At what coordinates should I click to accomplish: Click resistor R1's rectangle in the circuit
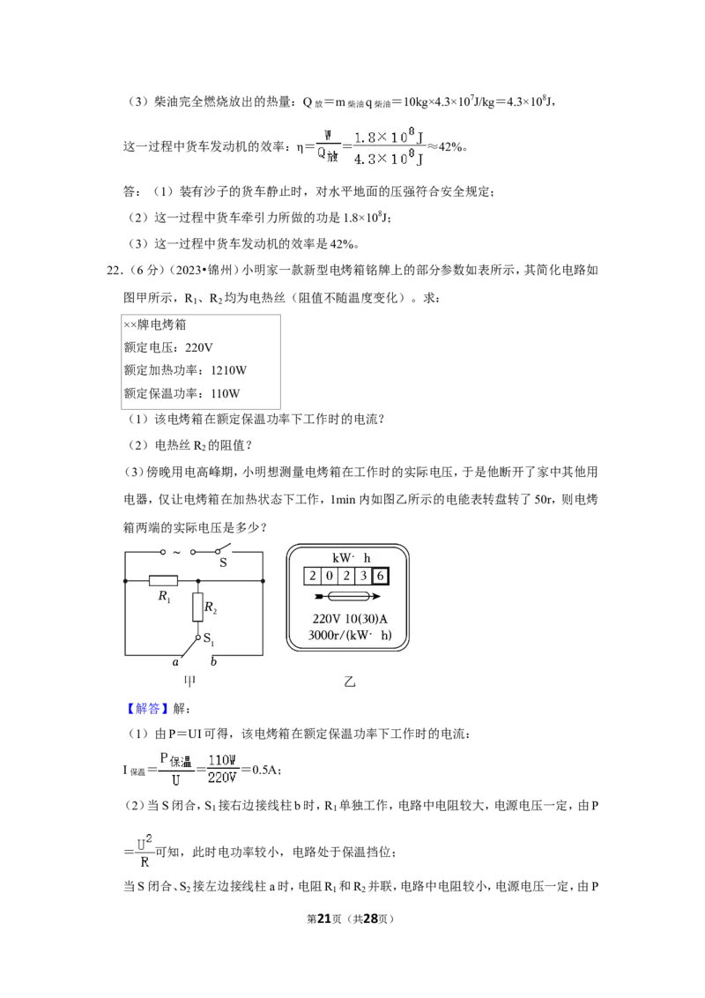coord(164,580)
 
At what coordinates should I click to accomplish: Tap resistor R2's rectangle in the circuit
coord(198,607)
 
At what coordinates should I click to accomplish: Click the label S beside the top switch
coord(223,562)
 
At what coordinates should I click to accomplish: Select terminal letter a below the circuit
coord(175,663)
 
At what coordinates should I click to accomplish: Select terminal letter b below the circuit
coord(213,661)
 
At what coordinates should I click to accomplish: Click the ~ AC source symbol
coord(177,552)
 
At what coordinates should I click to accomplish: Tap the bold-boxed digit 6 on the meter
coord(380,576)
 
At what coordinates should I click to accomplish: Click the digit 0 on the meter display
coord(329,576)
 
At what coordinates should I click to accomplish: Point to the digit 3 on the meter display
coord(363,576)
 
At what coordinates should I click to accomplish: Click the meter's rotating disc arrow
coord(347,596)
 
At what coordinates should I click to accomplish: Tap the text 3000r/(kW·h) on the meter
coord(349,635)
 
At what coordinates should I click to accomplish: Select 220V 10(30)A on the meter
coord(350,619)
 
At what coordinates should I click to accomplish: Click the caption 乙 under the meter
coord(349,681)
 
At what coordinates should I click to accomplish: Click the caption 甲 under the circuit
coord(189,681)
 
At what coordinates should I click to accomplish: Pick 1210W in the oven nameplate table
coord(228,370)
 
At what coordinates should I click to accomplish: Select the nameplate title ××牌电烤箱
coord(154,324)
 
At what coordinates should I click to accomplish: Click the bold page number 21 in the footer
coord(324,919)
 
